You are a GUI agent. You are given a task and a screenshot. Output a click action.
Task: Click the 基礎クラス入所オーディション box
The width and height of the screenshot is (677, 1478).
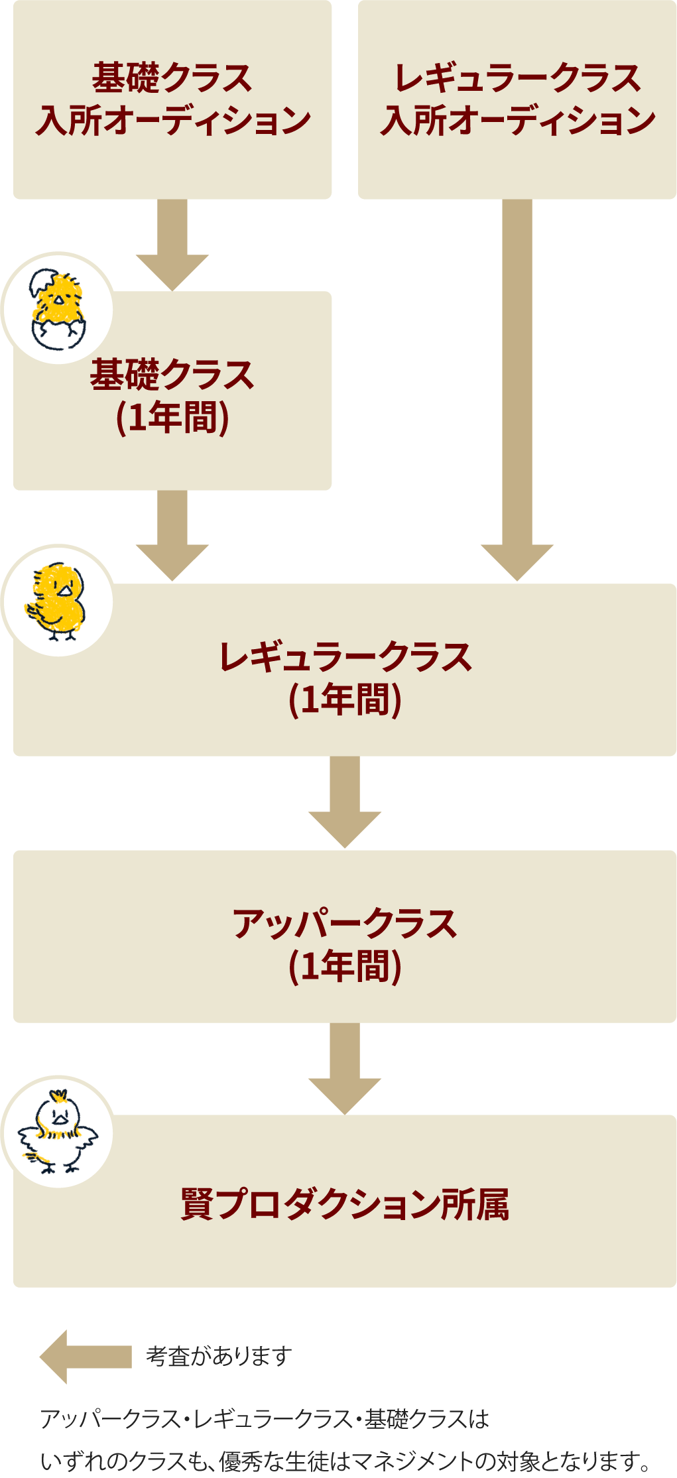(172, 99)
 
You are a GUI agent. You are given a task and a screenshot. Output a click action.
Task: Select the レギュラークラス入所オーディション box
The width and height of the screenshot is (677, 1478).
(517, 99)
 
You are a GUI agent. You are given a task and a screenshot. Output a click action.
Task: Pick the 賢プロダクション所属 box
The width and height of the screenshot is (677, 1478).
(345, 1203)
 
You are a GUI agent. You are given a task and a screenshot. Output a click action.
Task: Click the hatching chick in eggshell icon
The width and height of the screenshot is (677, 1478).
(58, 308)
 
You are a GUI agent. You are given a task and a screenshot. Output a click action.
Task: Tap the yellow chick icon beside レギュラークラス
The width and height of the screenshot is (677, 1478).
(58, 601)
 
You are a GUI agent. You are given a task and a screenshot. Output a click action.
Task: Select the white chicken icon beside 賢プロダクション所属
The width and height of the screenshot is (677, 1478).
(58, 1131)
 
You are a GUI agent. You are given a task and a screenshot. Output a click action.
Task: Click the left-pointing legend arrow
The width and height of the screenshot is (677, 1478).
(85, 1357)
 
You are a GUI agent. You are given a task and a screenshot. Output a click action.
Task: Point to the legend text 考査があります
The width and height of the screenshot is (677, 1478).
(219, 1357)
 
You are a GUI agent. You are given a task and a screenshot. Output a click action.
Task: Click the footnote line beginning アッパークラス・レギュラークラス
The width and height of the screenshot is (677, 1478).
(265, 1419)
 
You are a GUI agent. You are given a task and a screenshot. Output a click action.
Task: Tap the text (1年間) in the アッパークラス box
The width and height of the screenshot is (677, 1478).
(345, 967)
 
